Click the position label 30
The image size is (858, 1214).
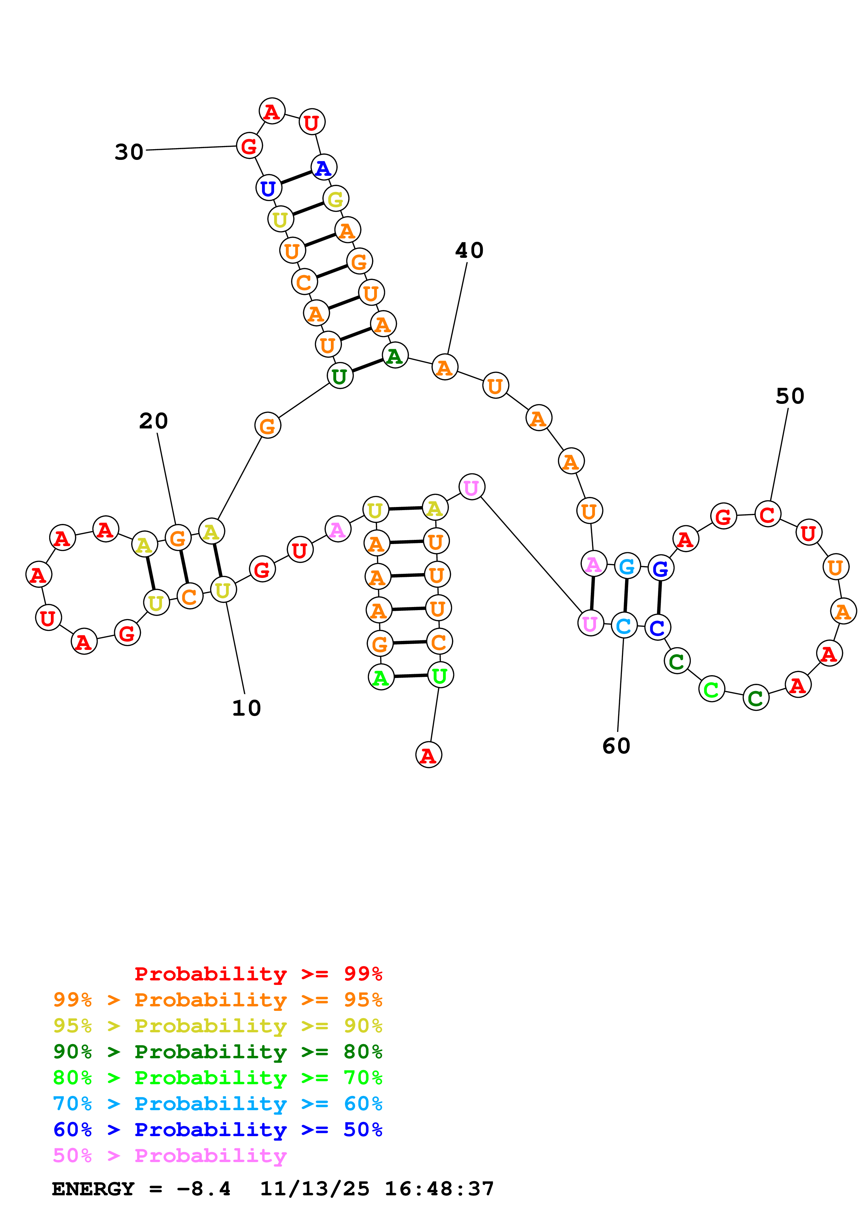129,152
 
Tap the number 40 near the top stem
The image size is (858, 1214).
469,251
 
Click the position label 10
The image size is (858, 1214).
246,708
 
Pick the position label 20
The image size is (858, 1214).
153,421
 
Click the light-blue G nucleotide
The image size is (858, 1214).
627,567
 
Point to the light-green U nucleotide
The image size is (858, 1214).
440,675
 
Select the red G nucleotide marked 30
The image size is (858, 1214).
249,146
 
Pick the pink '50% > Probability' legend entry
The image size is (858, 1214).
169,1155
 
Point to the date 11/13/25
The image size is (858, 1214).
315,1189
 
